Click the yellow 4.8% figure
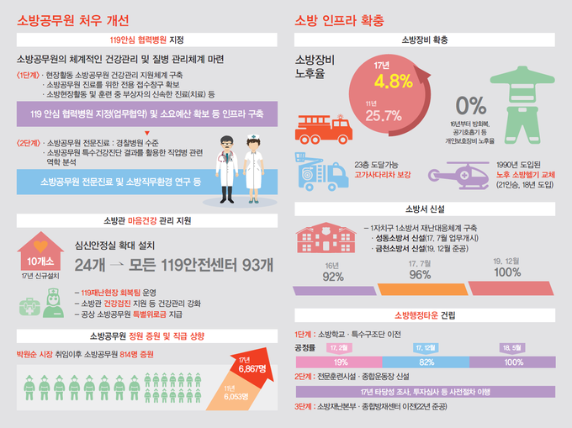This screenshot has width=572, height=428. coord(394,81)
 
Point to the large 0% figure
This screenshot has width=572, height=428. coord(470,106)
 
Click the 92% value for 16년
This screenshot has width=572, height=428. coord(333,277)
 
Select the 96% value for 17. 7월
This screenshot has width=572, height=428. coord(420,274)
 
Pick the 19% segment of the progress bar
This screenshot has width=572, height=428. coord(340,362)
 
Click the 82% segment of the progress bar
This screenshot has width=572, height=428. coord(426,362)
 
